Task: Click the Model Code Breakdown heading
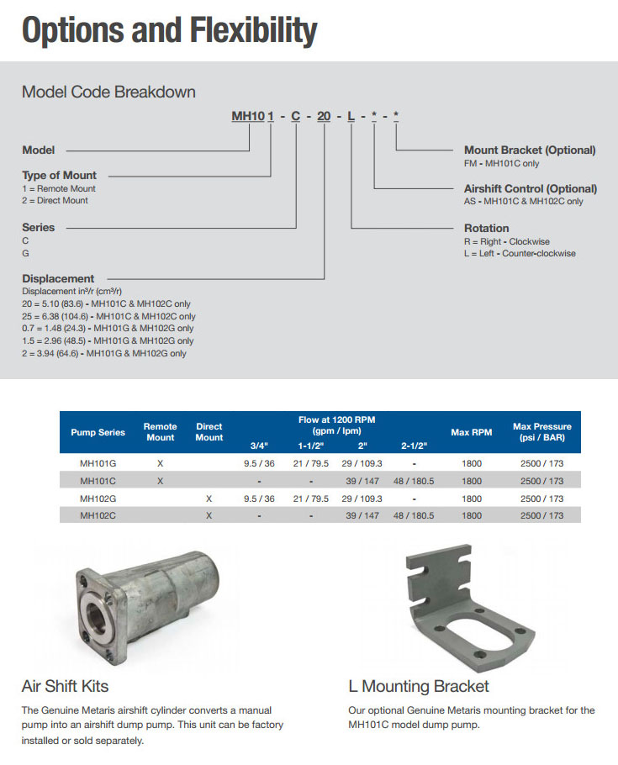[x=108, y=92]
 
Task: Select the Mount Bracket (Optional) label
[x=530, y=150]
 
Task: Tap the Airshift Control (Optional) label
[x=531, y=189]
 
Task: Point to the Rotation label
[x=487, y=228]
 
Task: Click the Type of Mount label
[x=59, y=176]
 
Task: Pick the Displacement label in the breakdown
[x=58, y=278]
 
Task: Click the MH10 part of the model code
[x=248, y=116]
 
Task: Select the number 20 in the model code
[x=324, y=116]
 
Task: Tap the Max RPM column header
[x=471, y=432]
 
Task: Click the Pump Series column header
[x=98, y=432]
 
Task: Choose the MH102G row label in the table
[x=98, y=499]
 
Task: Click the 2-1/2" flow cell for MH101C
[x=414, y=481]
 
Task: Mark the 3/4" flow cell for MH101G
[x=259, y=463]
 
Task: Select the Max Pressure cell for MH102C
[x=541, y=515]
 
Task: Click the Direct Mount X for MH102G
[x=209, y=499]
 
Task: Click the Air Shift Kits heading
[x=65, y=686]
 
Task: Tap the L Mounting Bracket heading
[x=419, y=686]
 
